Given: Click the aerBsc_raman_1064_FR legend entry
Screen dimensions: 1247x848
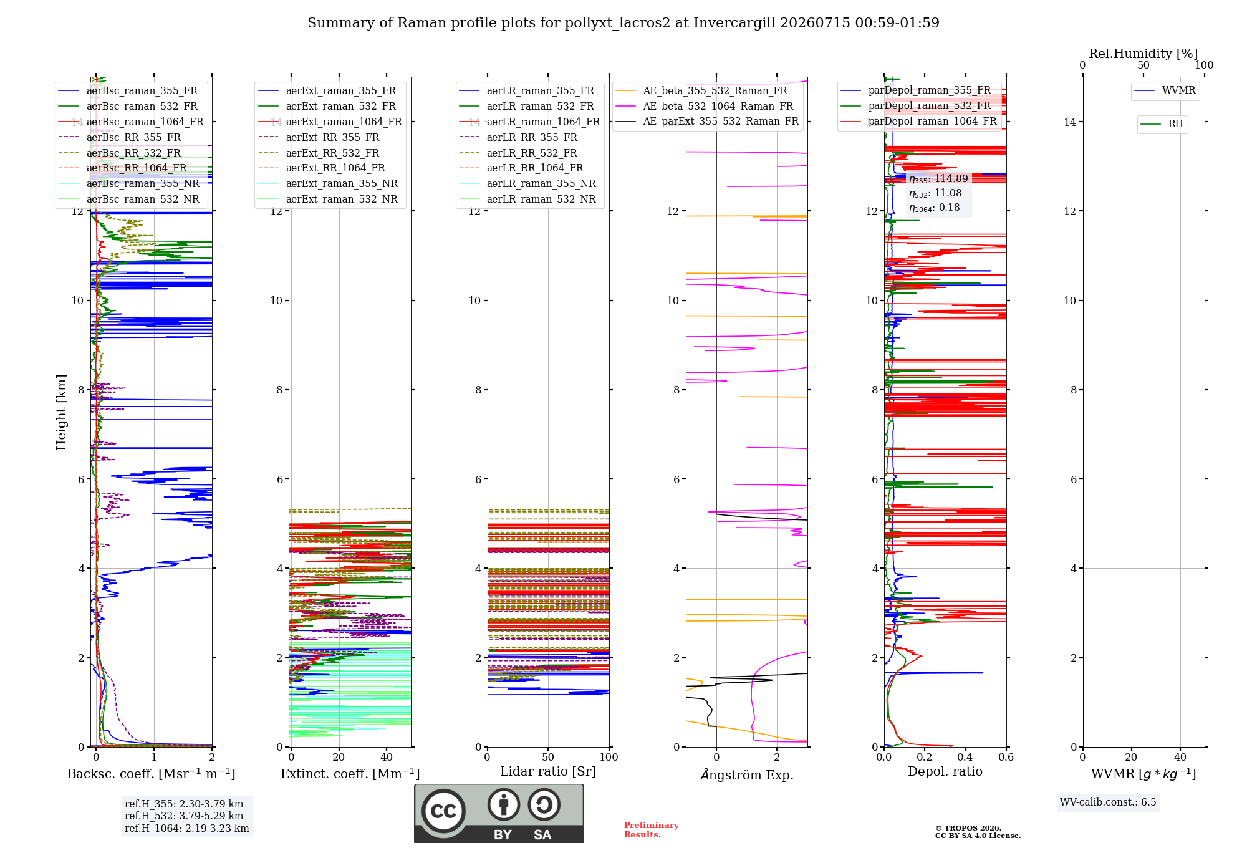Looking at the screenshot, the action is [132, 122].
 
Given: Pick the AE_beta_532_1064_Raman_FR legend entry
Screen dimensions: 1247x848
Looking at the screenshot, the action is [705, 106].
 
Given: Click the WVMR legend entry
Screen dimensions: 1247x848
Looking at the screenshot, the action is [1165, 90].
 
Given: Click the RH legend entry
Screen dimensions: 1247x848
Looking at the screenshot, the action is [1162, 124].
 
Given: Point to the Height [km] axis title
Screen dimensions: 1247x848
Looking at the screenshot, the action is [61, 412].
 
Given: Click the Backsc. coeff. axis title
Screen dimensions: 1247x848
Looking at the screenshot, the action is [152, 773].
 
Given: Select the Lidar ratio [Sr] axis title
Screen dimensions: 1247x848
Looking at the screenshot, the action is [548, 771].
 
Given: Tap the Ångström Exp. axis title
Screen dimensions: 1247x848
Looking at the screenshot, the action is [747, 774].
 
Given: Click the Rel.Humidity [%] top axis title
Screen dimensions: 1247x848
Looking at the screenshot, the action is [1143, 54].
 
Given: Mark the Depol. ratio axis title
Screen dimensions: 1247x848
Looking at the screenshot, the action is [945, 771].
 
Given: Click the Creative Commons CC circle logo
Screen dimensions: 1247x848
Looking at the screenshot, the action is [443, 811].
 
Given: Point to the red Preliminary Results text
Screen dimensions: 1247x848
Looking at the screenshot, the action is [652, 830].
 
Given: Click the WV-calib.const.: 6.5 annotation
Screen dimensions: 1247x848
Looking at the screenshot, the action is [1108, 802].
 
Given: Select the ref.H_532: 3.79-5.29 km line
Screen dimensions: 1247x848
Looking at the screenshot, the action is [184, 816].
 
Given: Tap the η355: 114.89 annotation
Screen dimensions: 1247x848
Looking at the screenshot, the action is [938, 179].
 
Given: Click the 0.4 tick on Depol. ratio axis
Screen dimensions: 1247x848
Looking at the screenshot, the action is [965, 758].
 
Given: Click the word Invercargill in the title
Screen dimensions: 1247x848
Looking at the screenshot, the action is [734, 23].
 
